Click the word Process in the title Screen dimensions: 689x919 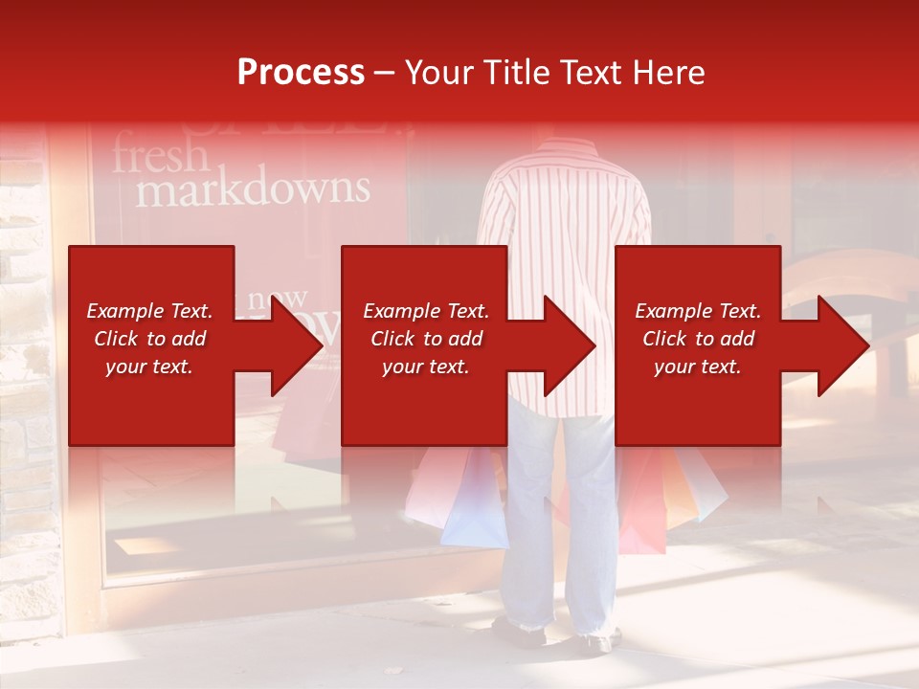[x=301, y=73]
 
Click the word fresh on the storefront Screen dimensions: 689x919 [x=160, y=156]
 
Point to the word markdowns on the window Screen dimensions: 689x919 [x=252, y=189]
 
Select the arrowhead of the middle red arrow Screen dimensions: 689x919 [x=571, y=345]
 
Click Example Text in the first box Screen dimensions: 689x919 [x=149, y=311]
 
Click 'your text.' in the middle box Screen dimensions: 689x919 [x=425, y=367]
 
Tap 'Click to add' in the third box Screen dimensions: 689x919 [x=698, y=339]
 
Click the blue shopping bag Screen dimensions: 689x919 [x=477, y=507]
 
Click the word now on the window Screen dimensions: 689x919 [x=278, y=299]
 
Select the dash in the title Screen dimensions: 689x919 [x=384, y=73]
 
